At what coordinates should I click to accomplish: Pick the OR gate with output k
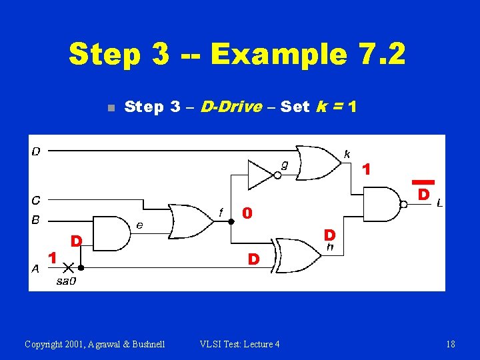click(317, 163)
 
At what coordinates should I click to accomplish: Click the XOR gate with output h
click(297, 256)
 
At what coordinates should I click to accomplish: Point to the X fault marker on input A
click(67, 268)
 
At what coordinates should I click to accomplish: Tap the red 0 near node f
click(247, 213)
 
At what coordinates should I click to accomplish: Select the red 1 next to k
click(365, 170)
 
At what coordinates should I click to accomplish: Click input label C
click(35, 199)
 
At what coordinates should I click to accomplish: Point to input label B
click(35, 219)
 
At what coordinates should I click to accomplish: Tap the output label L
click(439, 203)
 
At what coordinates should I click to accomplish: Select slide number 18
click(451, 344)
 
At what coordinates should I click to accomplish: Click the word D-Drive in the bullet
click(231, 107)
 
